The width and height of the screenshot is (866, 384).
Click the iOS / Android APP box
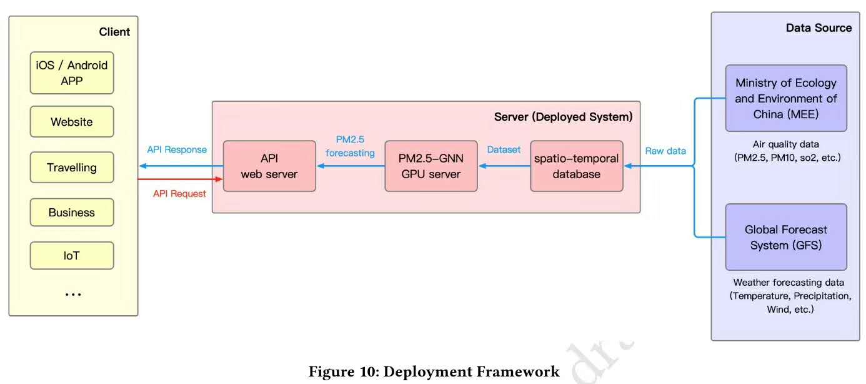72,73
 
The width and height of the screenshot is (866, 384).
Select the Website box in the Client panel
72,122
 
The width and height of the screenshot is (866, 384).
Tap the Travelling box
72,168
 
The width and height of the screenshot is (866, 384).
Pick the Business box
72,213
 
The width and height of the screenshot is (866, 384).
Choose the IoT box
72,256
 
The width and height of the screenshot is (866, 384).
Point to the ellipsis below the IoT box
73,295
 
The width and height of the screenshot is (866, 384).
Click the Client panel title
114,32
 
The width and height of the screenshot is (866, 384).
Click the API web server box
269,166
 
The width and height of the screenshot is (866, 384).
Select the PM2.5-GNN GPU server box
431,166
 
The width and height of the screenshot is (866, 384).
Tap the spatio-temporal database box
576,166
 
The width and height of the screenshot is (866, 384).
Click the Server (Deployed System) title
563,117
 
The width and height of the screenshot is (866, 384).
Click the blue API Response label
177,150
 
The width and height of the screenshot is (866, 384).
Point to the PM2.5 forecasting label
350,146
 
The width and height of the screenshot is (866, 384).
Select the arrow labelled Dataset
504,166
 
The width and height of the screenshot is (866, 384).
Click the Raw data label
665,151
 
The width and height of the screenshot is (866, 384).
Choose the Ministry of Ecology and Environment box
785,98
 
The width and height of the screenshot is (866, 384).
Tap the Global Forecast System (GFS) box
785,237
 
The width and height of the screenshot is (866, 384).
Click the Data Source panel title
819,28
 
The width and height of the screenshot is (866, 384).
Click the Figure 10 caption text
434,372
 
